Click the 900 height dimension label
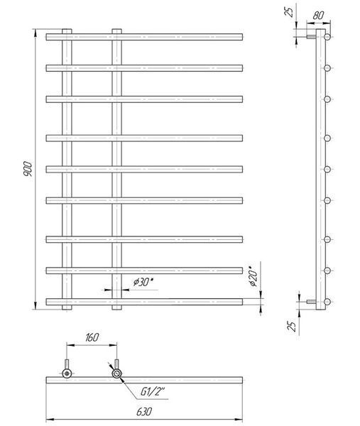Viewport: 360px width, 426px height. [28, 169]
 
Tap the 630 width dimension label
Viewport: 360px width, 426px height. [144, 412]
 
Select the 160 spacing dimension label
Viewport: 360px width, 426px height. [92, 337]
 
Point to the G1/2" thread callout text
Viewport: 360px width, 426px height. [153, 391]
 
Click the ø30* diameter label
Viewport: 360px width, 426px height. [143, 282]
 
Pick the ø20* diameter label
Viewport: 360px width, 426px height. [253, 278]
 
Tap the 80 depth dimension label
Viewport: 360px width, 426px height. [318, 15]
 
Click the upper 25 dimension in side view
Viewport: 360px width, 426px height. [290, 12]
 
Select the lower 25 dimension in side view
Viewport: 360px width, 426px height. [292, 326]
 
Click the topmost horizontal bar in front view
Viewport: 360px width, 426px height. [144, 37]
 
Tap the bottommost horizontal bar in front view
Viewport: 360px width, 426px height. [144, 302]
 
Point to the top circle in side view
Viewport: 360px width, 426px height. [327, 37]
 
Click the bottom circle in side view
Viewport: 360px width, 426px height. [327, 302]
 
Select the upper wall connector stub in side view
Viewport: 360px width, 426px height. [312, 37]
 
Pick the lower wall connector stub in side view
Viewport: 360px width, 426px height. [312, 302]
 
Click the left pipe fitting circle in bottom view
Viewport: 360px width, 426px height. [67, 373]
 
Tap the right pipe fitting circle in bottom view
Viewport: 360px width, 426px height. [117, 373]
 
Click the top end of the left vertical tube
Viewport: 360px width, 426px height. [67, 29]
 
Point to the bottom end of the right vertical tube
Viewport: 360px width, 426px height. [117, 310]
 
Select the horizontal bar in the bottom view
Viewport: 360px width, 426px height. [144, 380]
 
